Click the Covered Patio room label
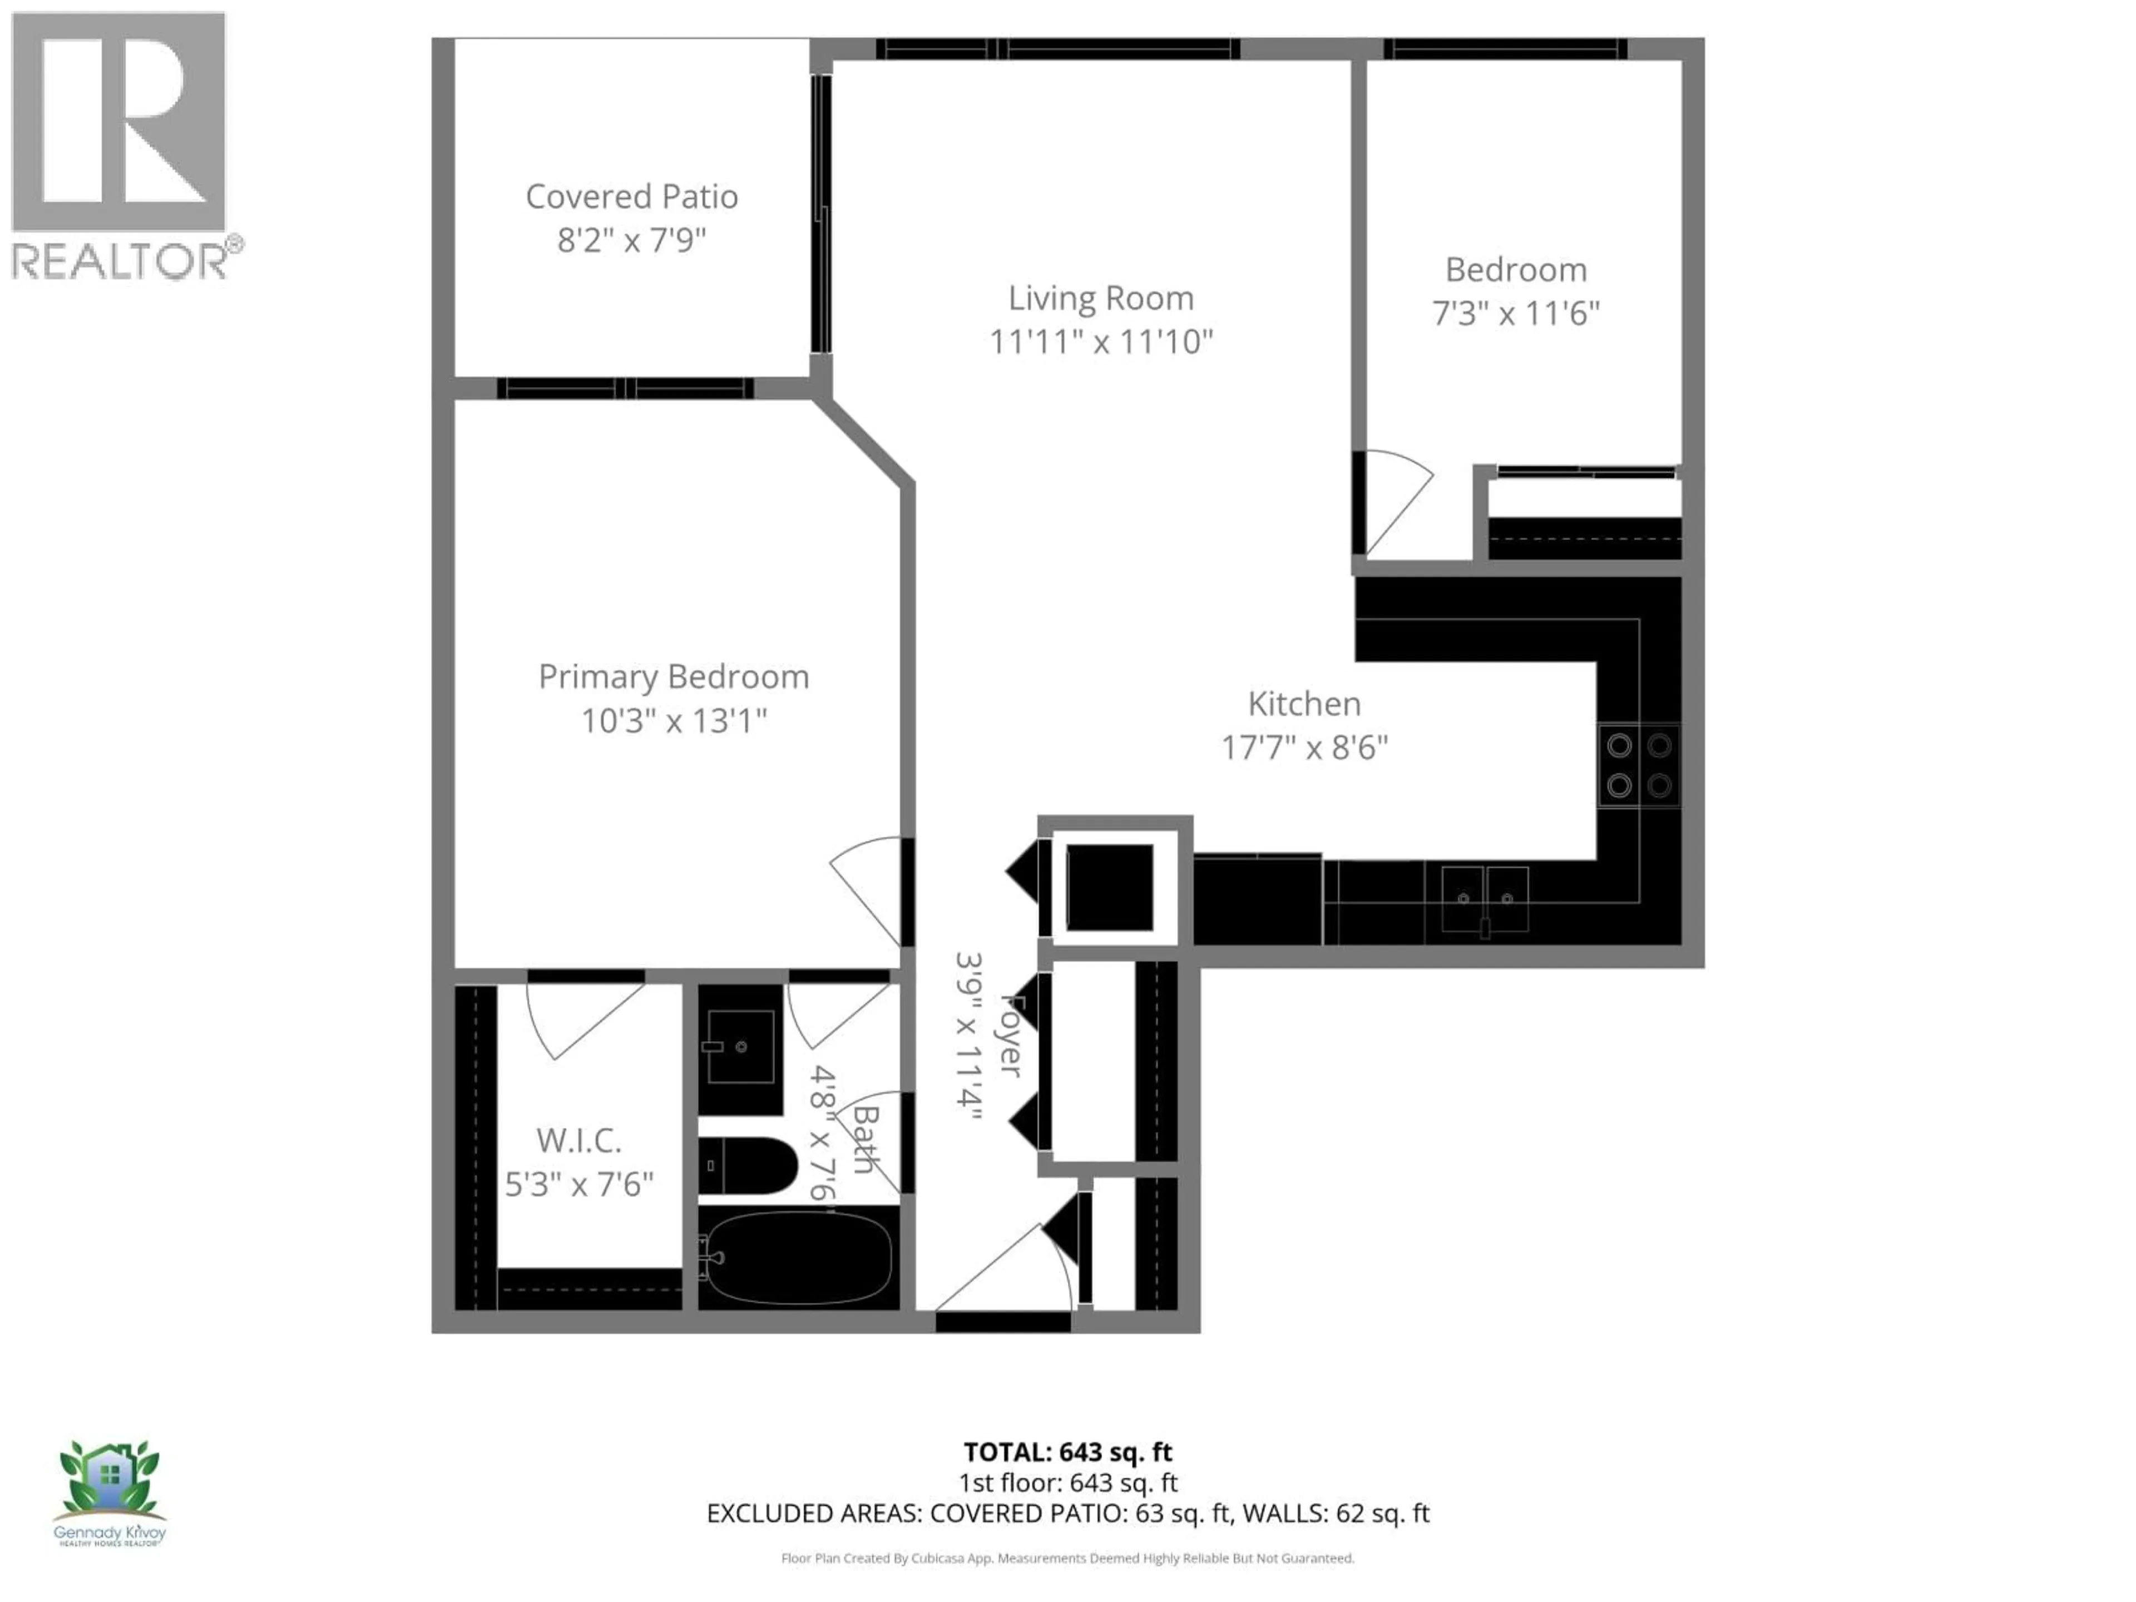[631, 197]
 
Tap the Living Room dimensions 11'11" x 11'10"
[1101, 342]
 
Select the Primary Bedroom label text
[673, 677]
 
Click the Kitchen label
[1304, 704]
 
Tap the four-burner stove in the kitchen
[1639, 765]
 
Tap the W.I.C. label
[578, 1140]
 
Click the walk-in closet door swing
[580, 1018]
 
